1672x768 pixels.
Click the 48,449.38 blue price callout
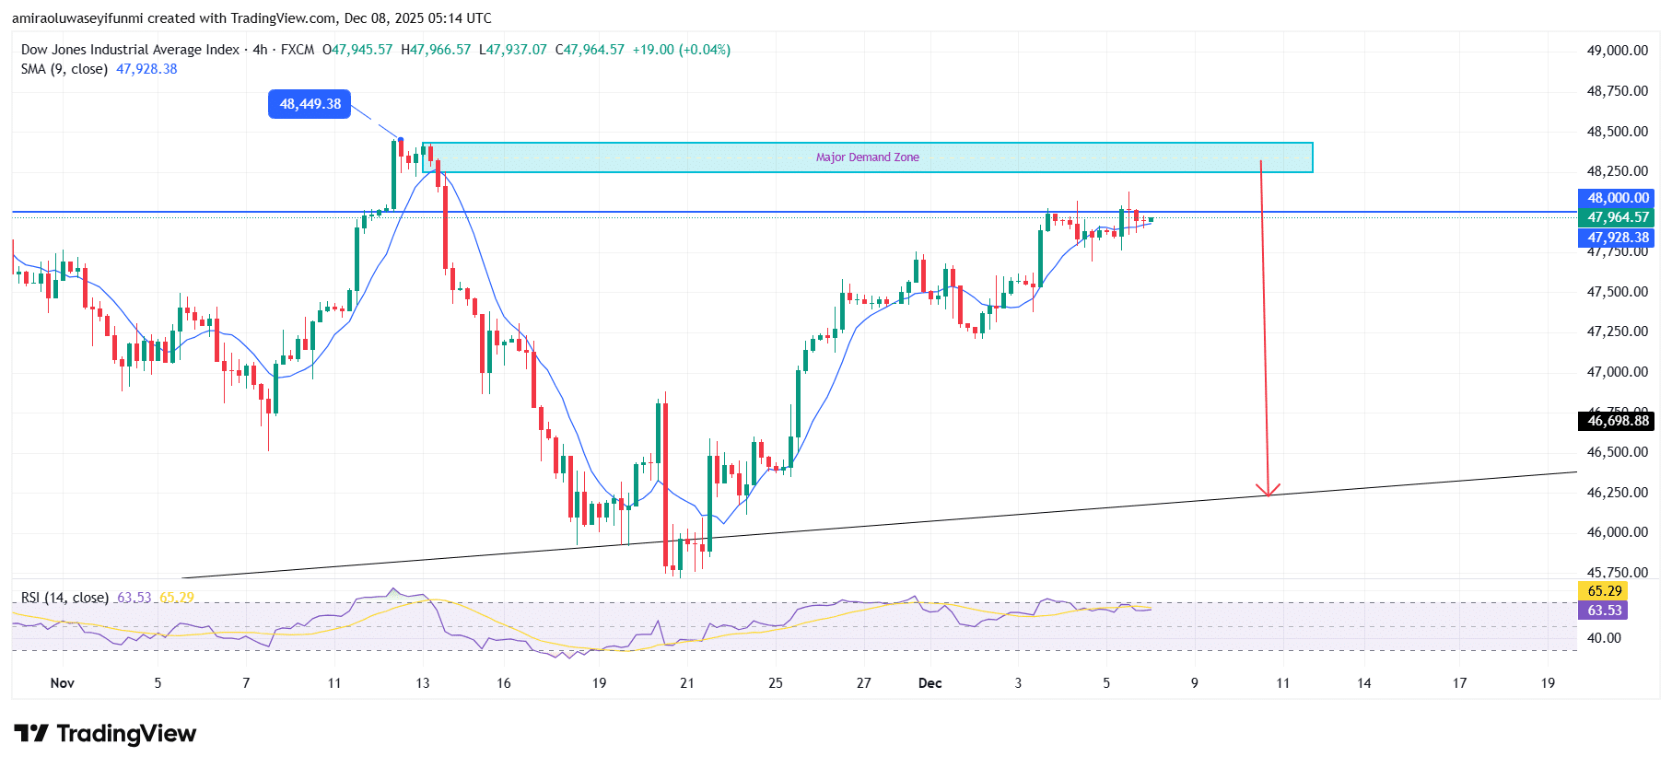310,104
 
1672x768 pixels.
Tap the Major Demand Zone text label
867,157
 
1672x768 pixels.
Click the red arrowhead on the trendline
1269,490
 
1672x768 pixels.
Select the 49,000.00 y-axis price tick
1617,51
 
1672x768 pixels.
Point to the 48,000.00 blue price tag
1618,198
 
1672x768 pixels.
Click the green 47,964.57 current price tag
1618,217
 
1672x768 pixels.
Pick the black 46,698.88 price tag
1618,421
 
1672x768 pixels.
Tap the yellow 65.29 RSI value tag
1604,591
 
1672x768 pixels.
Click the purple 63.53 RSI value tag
1604,611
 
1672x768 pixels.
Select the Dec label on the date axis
930,683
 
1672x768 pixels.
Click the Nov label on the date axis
62,683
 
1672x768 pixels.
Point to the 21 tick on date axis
686,683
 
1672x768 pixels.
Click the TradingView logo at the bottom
105,734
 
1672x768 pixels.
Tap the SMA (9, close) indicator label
64,69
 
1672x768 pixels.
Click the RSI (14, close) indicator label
64,598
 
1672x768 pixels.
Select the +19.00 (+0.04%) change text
681,50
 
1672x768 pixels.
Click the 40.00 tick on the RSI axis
1604,638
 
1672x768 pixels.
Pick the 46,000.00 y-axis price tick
1617,532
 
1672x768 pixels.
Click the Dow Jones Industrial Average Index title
130,50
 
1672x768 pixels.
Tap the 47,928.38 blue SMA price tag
1618,238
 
